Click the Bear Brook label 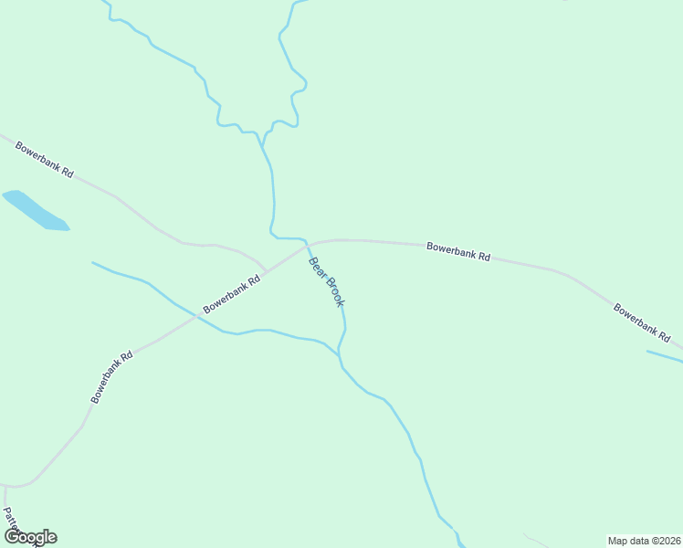[x=325, y=281]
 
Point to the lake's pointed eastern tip [x=68, y=227]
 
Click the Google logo [x=29, y=537]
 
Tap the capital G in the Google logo [x=11, y=537]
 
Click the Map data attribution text [x=644, y=540]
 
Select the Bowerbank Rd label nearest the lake [x=44, y=159]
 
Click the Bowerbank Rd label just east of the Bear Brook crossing [x=458, y=251]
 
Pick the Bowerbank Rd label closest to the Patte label [x=112, y=377]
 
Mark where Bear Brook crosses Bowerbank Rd [x=307, y=245]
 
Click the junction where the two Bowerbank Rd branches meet [x=267, y=271]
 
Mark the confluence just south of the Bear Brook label [x=339, y=352]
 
